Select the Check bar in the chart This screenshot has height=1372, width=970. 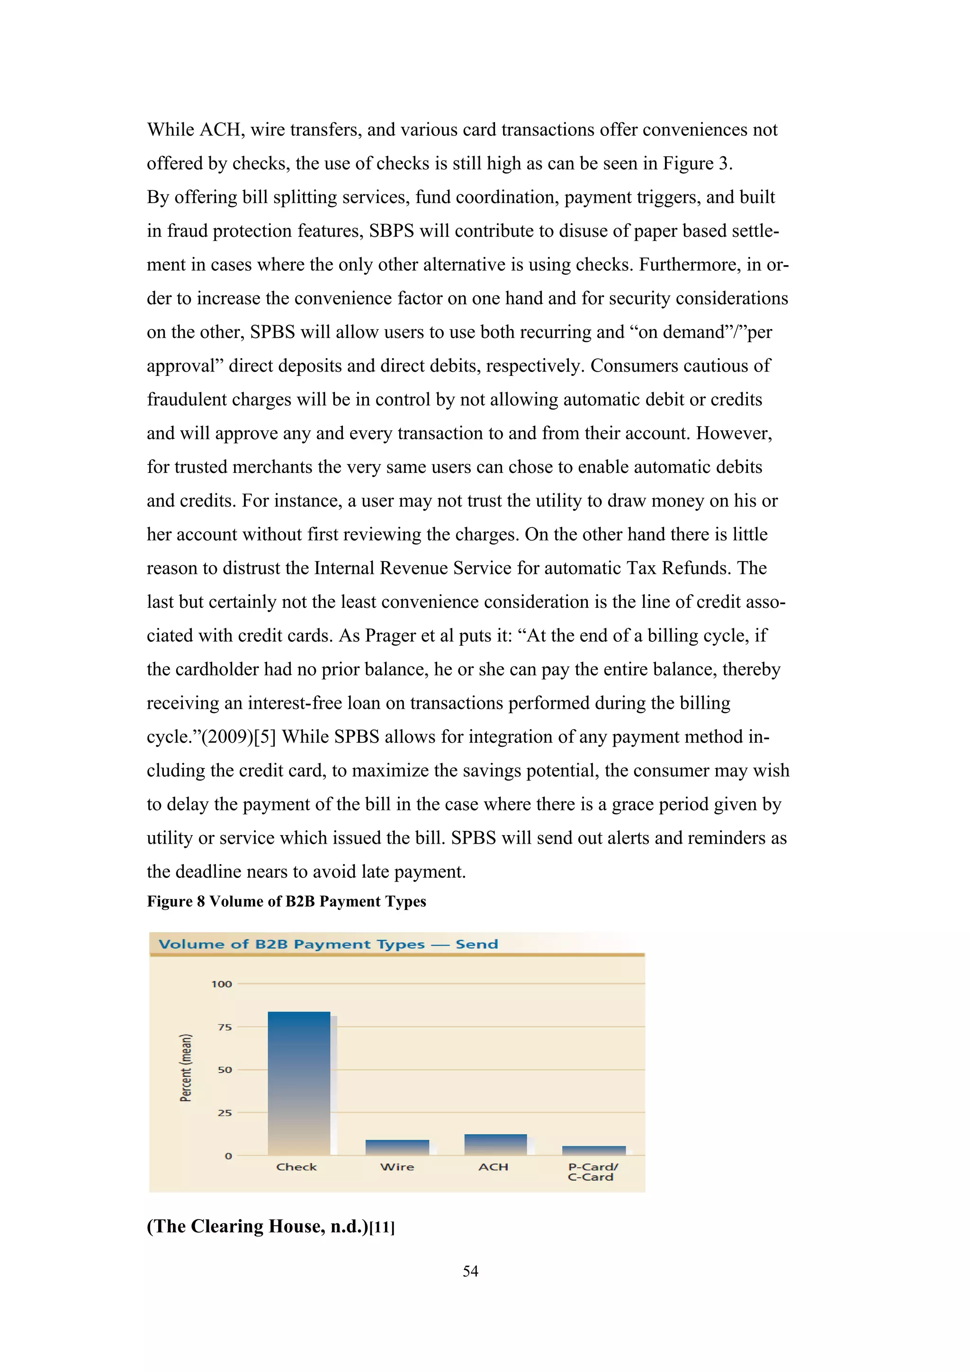point(299,1083)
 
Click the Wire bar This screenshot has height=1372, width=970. point(397,1147)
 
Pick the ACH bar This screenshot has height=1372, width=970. point(495,1144)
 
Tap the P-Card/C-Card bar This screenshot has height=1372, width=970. point(593,1150)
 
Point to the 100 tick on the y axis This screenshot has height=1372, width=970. point(222,984)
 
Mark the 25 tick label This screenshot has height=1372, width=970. point(225,1113)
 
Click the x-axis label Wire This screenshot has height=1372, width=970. point(397,1167)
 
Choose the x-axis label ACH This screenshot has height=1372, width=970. point(494,1167)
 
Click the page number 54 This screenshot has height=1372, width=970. point(470,1271)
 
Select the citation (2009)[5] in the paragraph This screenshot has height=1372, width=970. point(238,737)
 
